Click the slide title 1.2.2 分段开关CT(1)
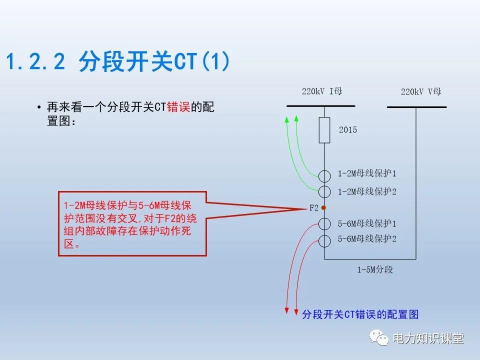[x=118, y=61]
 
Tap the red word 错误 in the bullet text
[x=178, y=107]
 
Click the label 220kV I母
[x=322, y=91]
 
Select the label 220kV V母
[x=421, y=91]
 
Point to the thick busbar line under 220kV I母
[x=321, y=106]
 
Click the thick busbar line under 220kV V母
[x=416, y=107]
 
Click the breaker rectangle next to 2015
[x=324, y=130]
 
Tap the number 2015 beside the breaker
[x=348, y=130]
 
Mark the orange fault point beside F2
[x=323, y=208]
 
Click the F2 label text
[x=314, y=208]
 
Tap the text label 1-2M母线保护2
[x=367, y=191]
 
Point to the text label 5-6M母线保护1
[x=367, y=223]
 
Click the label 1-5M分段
[x=375, y=269]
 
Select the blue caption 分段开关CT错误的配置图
[x=360, y=314]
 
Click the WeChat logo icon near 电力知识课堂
[x=379, y=337]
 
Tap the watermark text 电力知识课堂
[x=428, y=338]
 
